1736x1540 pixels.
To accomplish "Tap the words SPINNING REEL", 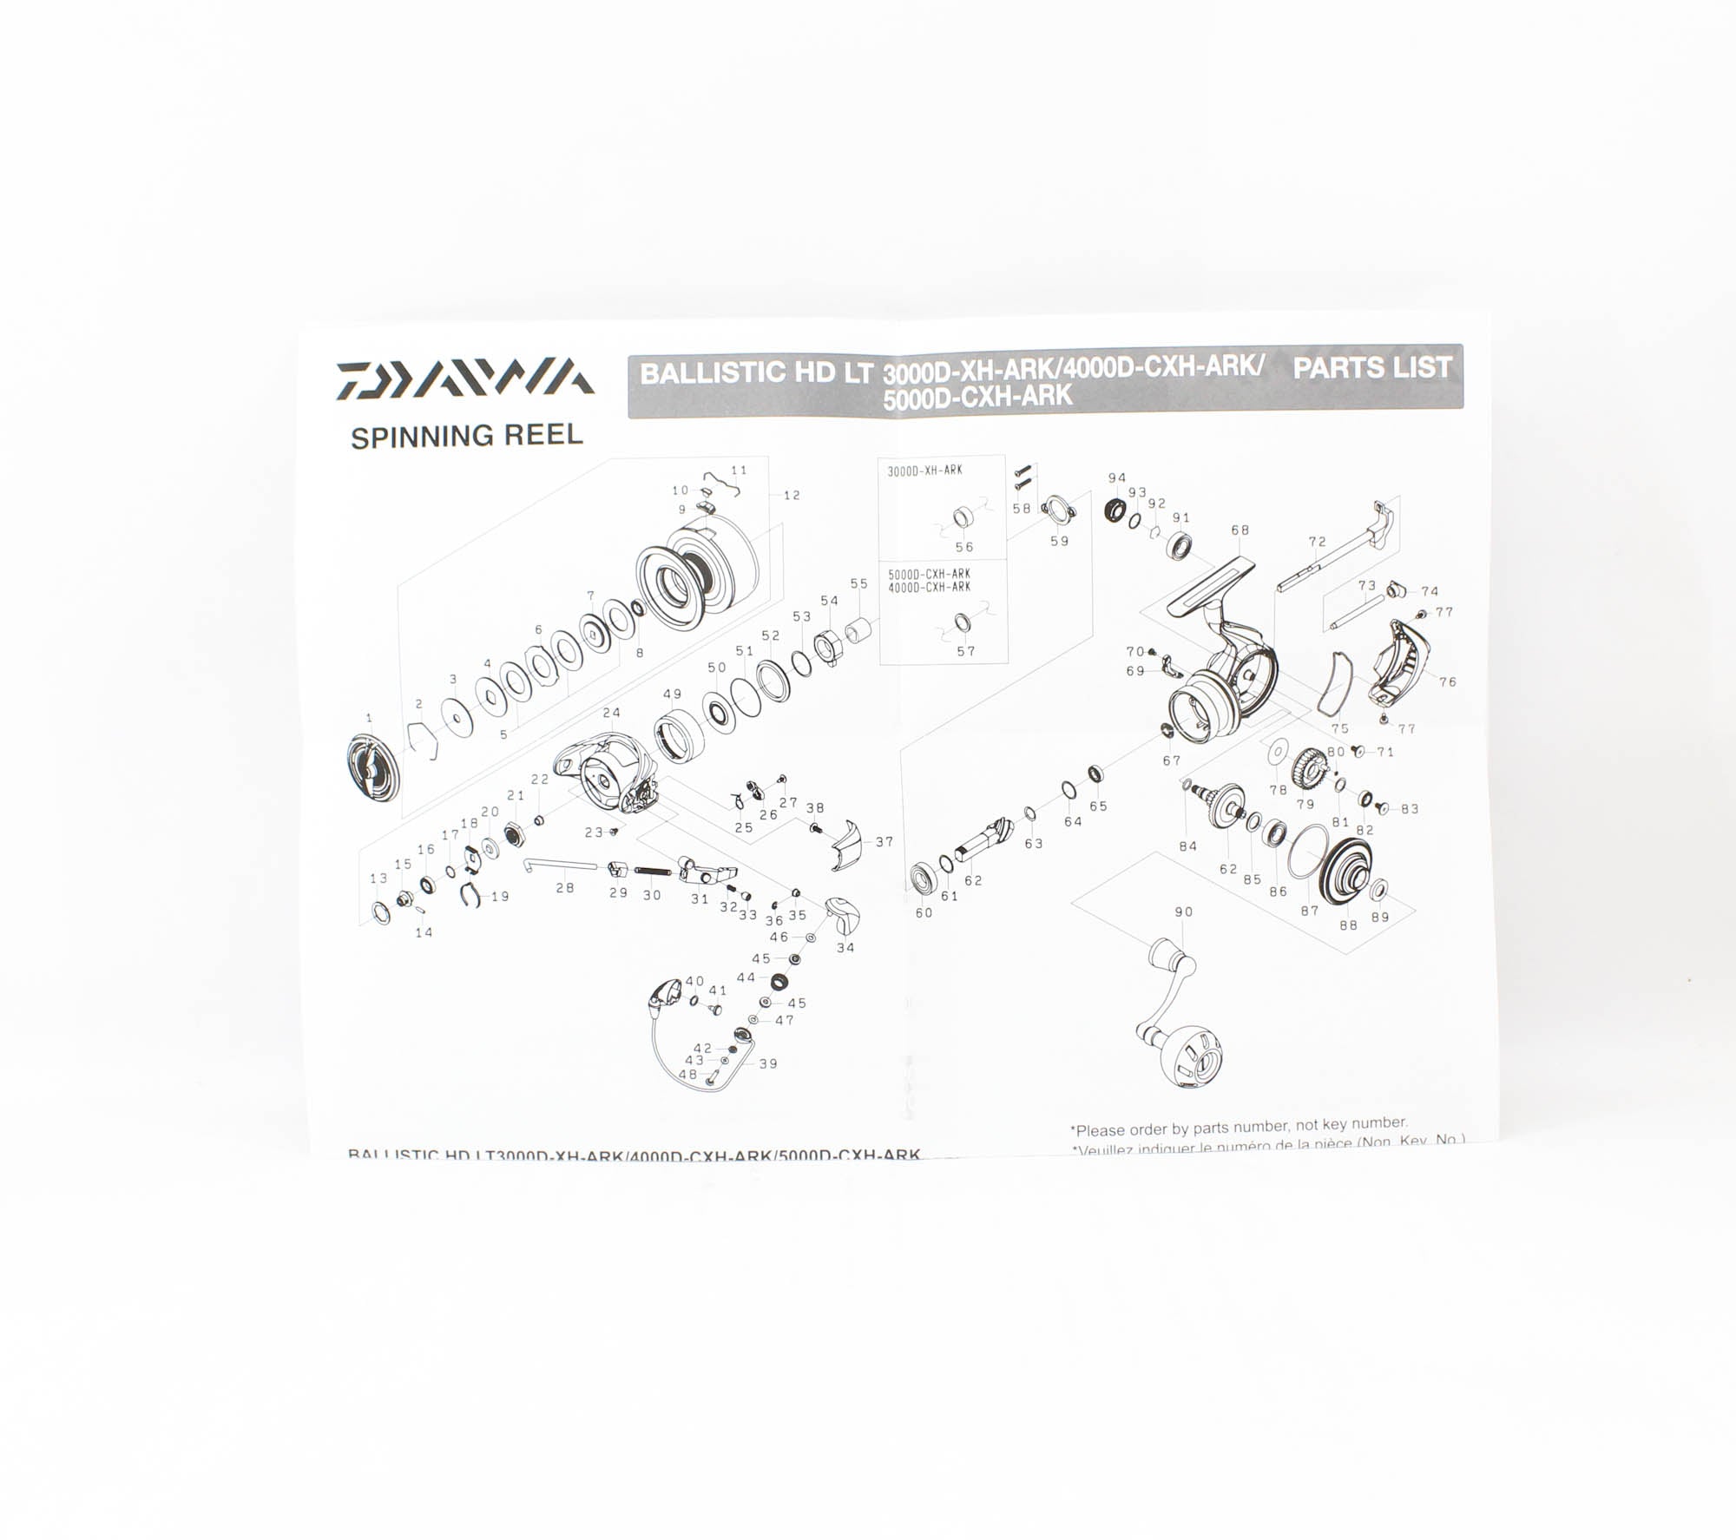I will point(466,436).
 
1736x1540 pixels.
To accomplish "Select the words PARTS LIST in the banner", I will point(1371,367).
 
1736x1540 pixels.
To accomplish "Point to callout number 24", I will point(612,713).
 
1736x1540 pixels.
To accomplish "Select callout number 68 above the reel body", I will point(1240,530).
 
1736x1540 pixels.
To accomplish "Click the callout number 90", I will point(1183,911).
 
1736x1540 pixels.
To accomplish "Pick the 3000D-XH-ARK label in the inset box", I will point(924,471).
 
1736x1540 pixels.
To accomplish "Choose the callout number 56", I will point(964,547).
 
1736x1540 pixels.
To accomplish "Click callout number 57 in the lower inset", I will point(966,651).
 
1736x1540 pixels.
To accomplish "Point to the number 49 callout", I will point(672,694).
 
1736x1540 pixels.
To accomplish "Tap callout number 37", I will point(884,841).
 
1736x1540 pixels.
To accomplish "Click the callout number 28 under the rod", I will point(565,887).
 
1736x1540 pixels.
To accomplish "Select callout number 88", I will point(1348,925).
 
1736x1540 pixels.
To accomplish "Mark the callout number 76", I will point(1448,681).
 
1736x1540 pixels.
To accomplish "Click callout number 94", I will point(1117,477).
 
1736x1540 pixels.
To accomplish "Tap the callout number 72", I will point(1318,542).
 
